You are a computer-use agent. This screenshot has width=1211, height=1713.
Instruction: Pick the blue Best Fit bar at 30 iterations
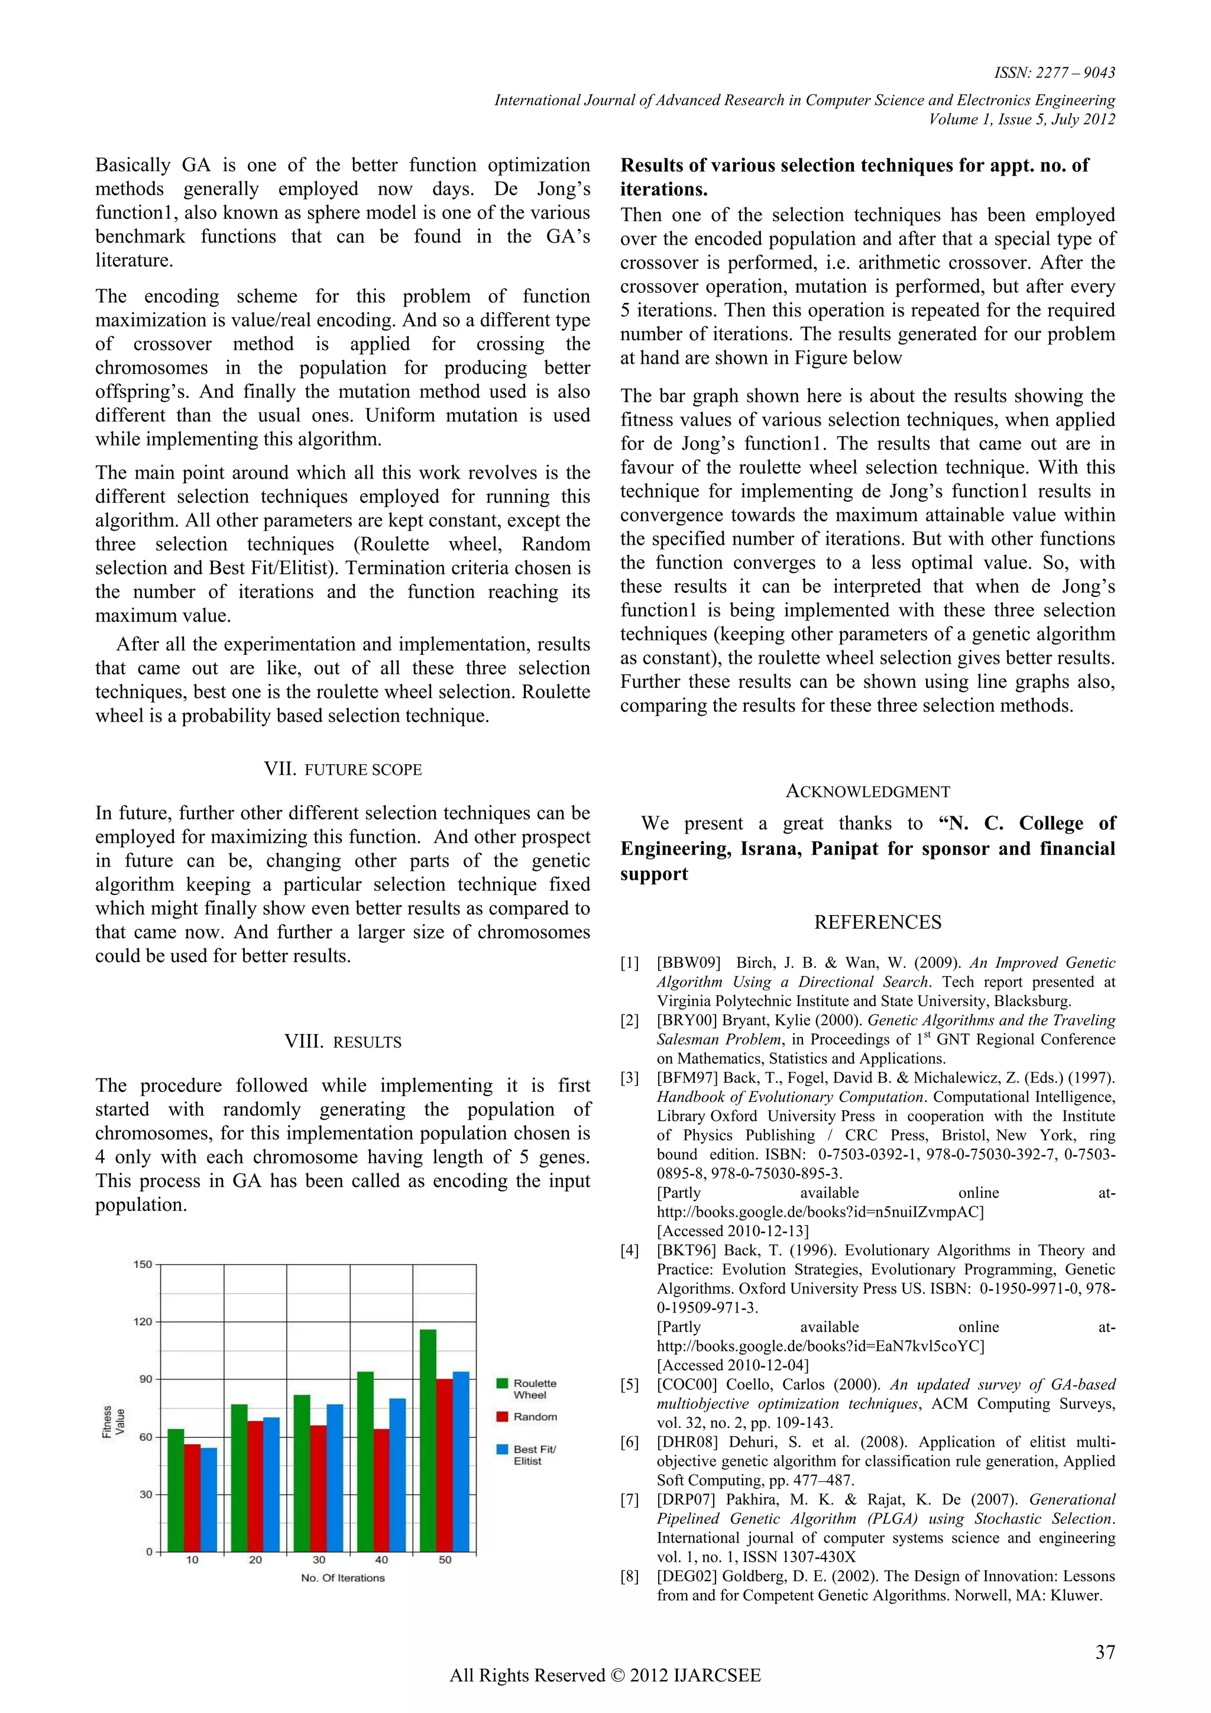coord(335,1477)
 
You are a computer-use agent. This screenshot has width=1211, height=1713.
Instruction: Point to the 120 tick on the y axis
coord(143,1321)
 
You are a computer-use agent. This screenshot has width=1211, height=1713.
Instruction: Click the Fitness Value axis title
coord(114,1421)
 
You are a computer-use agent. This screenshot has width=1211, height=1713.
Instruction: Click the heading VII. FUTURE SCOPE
coord(342,769)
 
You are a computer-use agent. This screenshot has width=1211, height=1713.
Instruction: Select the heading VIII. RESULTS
coord(342,1042)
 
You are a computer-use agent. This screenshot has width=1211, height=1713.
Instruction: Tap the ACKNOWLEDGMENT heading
coord(867,791)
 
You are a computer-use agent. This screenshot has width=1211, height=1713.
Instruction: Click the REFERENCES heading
coord(877,922)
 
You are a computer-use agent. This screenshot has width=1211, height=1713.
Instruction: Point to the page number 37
coord(1105,1652)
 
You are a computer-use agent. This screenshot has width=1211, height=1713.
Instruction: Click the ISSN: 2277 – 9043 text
coord(1054,72)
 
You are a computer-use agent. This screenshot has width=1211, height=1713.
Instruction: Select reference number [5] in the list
coord(629,1385)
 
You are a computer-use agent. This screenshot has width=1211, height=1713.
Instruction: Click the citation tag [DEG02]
coord(686,1576)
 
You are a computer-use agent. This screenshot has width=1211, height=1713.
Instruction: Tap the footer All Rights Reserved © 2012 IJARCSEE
coord(605,1676)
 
